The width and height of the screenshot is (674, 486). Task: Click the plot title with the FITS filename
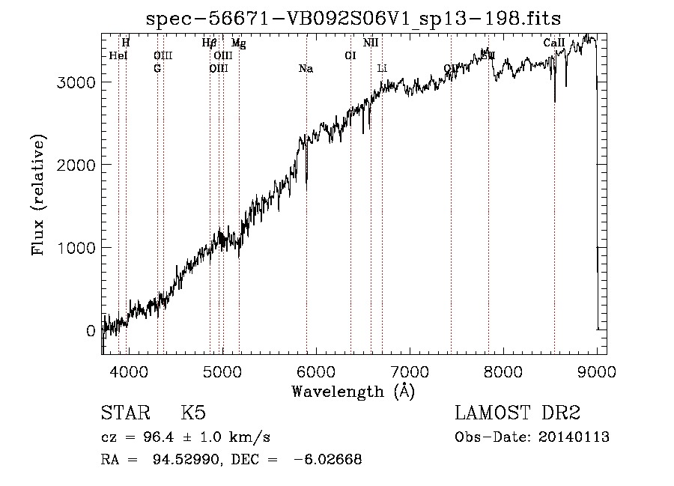(353, 17)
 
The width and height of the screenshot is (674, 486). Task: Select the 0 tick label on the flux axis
(90, 330)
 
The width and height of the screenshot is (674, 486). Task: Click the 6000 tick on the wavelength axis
(315, 372)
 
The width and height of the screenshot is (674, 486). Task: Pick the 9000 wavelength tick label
(597, 372)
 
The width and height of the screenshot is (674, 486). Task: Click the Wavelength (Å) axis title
(353, 391)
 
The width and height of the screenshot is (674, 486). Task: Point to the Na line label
(306, 69)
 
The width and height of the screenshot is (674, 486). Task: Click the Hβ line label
(210, 43)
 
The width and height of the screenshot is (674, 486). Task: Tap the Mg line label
(238, 43)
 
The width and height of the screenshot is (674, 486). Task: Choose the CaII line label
(554, 43)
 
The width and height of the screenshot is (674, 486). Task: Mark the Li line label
(382, 69)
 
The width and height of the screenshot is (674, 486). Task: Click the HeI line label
(118, 56)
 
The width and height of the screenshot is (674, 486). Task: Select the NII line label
(371, 43)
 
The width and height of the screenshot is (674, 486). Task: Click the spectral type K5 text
(193, 414)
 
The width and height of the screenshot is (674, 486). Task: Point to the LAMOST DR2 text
(517, 414)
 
